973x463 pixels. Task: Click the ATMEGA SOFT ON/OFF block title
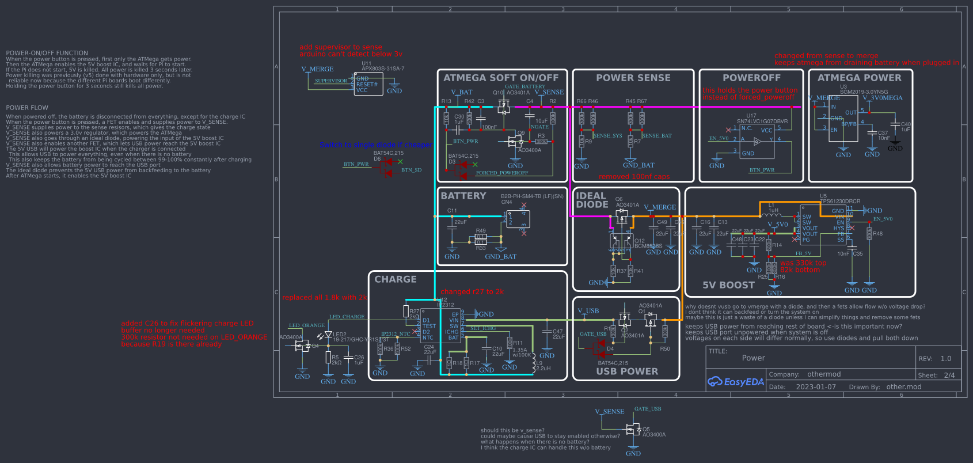[501, 78]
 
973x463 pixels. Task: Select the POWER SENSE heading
[633, 78]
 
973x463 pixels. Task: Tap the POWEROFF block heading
[751, 78]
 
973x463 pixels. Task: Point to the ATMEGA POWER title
[859, 78]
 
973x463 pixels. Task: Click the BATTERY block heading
[463, 196]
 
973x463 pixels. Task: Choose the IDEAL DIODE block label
[592, 200]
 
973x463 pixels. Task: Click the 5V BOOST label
[728, 285]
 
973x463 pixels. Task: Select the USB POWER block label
[627, 371]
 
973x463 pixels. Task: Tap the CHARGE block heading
[395, 279]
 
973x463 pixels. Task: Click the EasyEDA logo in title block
[735, 382]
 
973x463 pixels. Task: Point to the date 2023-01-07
[816, 387]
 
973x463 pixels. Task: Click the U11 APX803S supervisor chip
[368, 84]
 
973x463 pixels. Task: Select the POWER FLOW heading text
[27, 108]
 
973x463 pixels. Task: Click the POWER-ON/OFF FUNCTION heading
[47, 53]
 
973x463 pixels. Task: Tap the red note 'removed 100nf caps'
[634, 177]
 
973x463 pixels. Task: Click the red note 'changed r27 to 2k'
[472, 292]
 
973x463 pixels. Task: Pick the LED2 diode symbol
[328, 335]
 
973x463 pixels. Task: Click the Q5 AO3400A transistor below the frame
[633, 430]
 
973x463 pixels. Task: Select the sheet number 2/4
[949, 375]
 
